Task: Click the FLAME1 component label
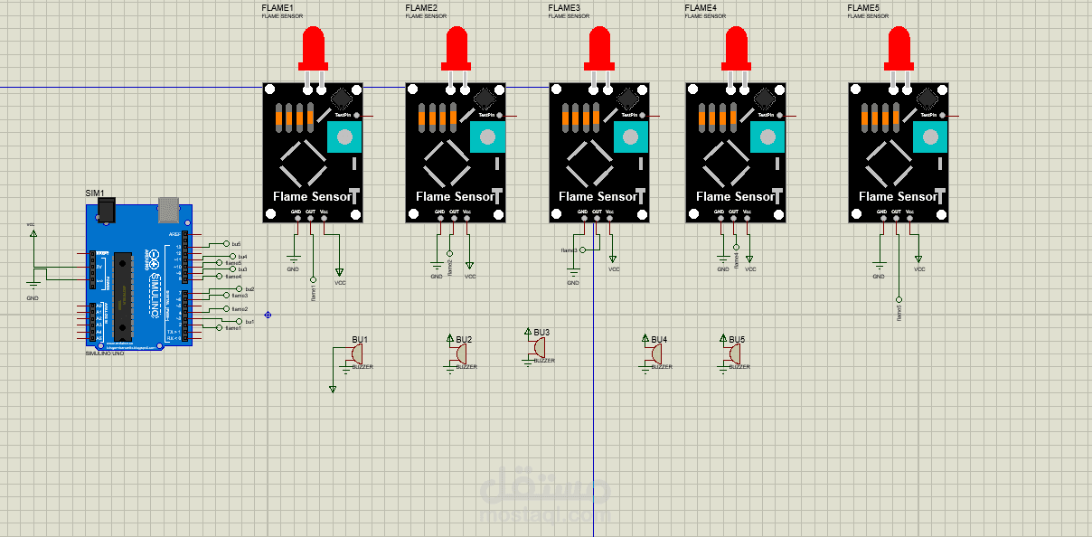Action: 278,8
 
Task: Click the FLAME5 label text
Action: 862,8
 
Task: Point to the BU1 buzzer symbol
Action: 358,353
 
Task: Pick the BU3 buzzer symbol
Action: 540,348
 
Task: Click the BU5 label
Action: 737,340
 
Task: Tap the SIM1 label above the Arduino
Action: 95,193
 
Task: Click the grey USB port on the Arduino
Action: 168,208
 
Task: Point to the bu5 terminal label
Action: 236,244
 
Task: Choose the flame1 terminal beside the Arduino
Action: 232,328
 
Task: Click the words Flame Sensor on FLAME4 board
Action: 735,196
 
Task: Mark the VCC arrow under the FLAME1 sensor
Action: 340,273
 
